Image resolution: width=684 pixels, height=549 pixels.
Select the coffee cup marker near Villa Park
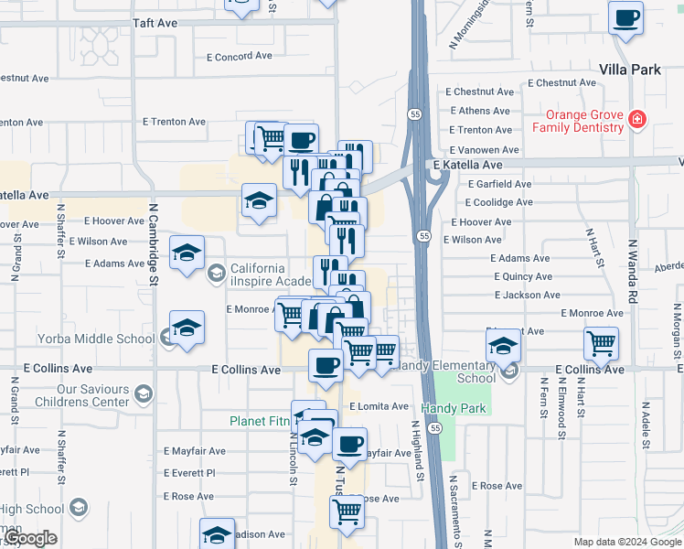click(625, 18)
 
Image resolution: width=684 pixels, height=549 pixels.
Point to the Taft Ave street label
click(154, 22)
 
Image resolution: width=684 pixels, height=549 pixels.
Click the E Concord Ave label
click(240, 56)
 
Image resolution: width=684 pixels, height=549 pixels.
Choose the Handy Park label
click(454, 408)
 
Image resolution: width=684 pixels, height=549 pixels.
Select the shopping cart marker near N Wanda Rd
click(602, 345)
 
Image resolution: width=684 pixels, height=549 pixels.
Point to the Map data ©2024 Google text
click(627, 542)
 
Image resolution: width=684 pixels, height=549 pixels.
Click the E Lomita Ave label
click(379, 406)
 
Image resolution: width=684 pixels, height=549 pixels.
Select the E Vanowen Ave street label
click(485, 150)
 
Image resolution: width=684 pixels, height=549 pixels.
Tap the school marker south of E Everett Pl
click(218, 535)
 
